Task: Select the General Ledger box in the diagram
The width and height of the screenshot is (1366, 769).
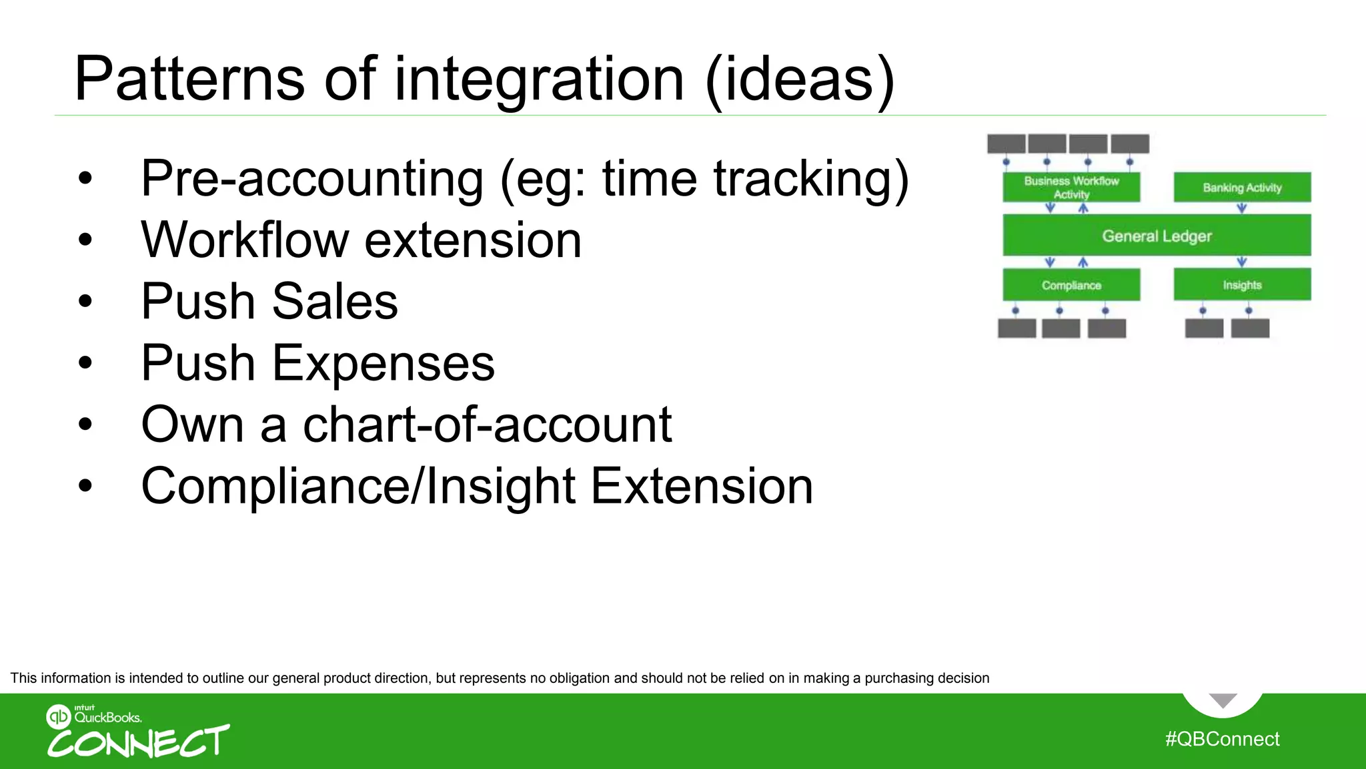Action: click(x=1157, y=236)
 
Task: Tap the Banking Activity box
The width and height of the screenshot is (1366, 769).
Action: click(x=1242, y=188)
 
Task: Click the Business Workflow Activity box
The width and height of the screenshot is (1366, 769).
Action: click(x=1071, y=188)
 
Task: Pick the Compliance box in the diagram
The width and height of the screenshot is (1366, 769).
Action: click(x=1071, y=285)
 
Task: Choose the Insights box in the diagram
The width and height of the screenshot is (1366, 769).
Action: click(x=1242, y=285)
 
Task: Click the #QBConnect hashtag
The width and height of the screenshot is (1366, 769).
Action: click(x=1222, y=739)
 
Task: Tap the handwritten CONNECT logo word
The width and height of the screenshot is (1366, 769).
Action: click(x=138, y=742)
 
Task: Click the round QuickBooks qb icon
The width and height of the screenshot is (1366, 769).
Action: click(x=58, y=717)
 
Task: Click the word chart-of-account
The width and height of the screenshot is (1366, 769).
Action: click(x=487, y=425)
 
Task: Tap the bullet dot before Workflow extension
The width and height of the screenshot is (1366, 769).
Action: click(x=85, y=240)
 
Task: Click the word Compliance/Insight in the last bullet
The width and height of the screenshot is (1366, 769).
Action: click(x=358, y=486)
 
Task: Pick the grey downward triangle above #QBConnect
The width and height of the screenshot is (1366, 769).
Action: click(x=1223, y=700)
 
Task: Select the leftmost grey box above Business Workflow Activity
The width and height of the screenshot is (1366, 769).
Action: click(x=1006, y=144)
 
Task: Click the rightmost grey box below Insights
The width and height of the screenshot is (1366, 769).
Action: click(x=1250, y=328)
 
